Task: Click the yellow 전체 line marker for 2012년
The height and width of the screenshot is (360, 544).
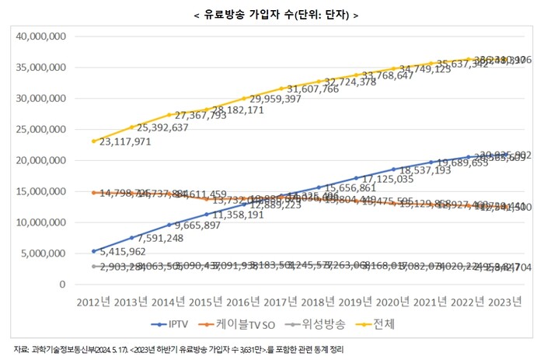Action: click(93, 141)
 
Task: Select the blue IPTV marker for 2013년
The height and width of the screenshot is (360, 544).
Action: click(131, 237)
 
